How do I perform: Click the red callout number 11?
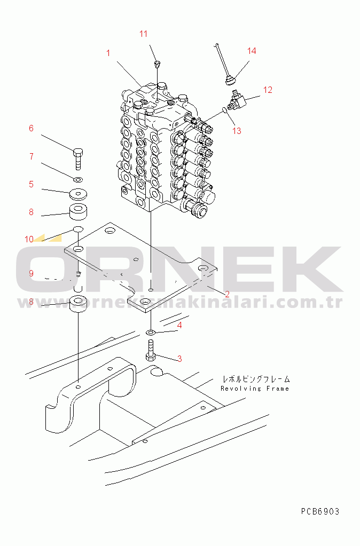coord(143,34)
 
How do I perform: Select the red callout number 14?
coord(252,51)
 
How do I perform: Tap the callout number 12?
coord(268,90)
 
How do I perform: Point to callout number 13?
coord(237,131)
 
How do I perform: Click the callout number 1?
coord(108,53)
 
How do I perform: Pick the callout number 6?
coord(31,128)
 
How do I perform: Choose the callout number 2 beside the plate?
coord(227,294)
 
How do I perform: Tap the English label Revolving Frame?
coord(255,389)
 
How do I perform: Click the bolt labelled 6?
coord(78,156)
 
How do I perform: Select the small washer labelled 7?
coord(77,179)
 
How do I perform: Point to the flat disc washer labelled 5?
coord(79,193)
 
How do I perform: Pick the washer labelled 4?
coord(151,334)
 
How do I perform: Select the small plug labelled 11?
coord(156,65)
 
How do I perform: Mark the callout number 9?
coord(31,273)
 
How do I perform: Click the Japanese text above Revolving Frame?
coord(256,379)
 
